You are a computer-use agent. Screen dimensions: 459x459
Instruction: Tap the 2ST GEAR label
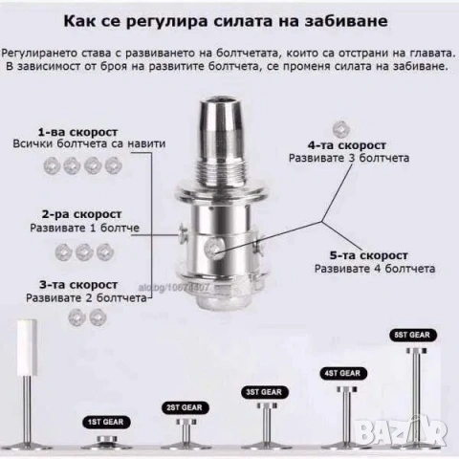click(182, 406)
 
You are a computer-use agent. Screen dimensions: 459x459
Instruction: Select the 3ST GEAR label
click(263, 392)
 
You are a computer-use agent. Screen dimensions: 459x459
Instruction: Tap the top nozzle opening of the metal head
click(226, 101)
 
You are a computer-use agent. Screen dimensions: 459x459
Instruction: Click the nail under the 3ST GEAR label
click(264, 426)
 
